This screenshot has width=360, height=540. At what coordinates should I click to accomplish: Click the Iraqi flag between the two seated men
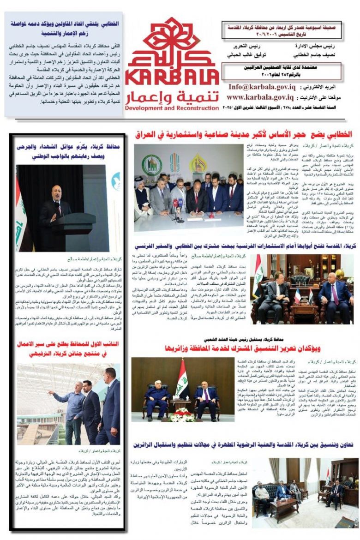click(x=181, y=378)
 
